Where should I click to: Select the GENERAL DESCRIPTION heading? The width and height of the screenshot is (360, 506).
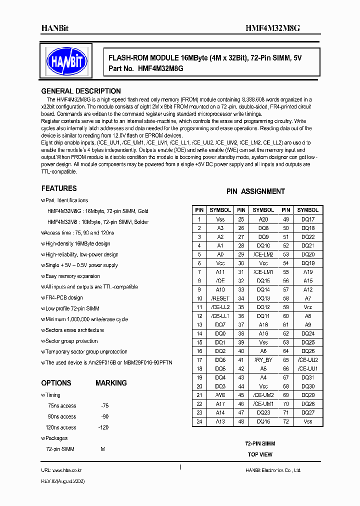point(80,91)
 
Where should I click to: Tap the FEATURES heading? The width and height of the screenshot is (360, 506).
point(59,188)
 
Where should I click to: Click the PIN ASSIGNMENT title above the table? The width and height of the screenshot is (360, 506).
point(255,191)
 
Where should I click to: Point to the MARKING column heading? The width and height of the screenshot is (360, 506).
point(111,383)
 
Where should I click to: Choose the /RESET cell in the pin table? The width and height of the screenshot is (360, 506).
point(220,298)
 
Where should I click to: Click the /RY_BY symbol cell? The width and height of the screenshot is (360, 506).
point(263,360)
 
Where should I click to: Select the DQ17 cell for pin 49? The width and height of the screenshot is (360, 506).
point(307,219)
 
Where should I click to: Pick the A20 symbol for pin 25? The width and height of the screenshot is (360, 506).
point(263,219)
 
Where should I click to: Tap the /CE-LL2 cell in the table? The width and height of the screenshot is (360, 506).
point(220,307)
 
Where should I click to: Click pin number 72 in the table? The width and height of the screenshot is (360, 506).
point(286,421)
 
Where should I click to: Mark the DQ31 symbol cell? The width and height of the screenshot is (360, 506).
point(307,377)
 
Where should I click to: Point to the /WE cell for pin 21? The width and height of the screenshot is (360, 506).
point(220,395)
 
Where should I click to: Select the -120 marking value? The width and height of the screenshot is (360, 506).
point(103,427)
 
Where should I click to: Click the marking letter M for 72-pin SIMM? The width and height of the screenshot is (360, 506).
point(103,449)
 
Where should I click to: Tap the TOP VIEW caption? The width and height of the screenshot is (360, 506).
point(260,454)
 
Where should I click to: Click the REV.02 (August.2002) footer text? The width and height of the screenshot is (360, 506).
point(62,481)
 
